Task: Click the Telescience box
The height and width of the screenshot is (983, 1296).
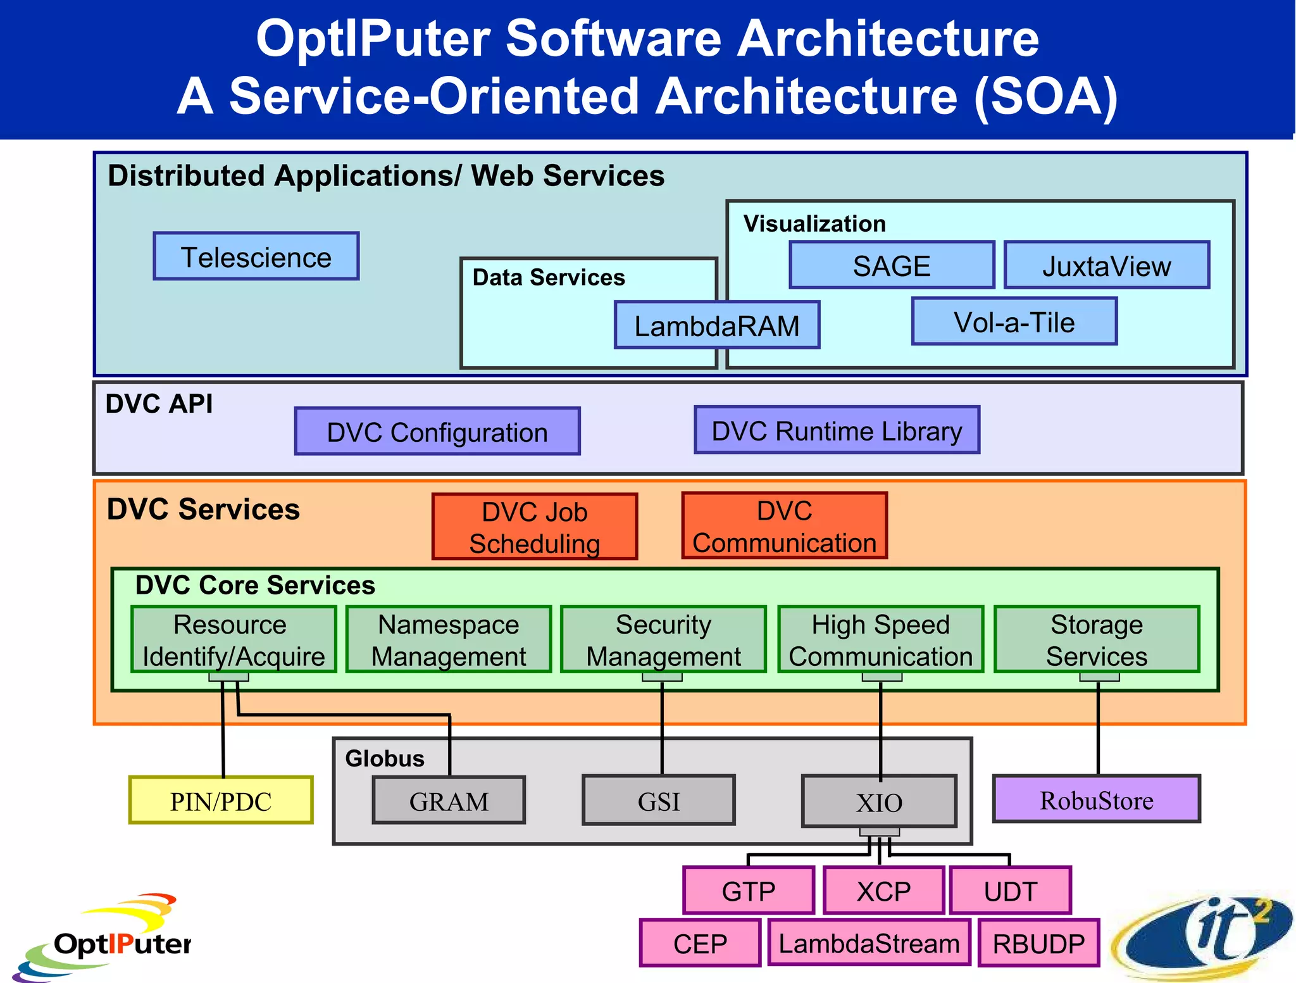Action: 256,256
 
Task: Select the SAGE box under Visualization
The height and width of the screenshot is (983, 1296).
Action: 892,265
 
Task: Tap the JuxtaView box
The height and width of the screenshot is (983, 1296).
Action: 1107,265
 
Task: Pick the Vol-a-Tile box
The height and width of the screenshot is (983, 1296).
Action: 1014,322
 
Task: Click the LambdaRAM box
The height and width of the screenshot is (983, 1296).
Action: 717,325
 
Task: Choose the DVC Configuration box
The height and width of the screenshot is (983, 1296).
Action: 437,432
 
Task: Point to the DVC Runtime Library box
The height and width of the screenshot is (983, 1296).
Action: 837,430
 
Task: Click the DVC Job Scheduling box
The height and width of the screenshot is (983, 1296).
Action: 535,527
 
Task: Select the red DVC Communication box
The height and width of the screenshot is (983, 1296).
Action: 785,526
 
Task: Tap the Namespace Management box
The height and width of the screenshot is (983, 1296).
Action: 449,639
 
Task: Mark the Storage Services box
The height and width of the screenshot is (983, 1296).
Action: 1097,639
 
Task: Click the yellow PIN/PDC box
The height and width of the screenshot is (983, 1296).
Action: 221,801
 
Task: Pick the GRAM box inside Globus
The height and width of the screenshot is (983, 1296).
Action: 449,801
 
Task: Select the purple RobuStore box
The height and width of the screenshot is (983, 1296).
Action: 1097,799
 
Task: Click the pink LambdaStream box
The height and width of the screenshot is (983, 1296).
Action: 869,943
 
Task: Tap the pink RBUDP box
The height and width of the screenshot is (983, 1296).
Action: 1038,943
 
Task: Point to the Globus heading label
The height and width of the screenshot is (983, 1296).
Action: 385,758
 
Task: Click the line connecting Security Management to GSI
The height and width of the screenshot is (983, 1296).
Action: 662,728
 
